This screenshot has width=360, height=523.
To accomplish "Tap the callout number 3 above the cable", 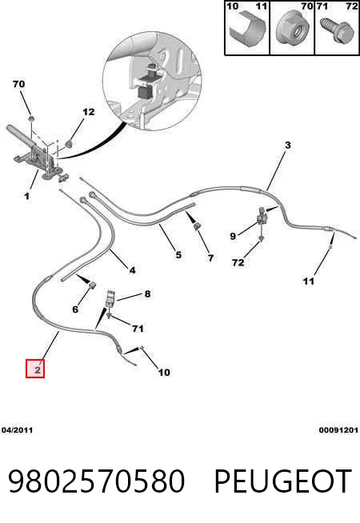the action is click(x=287, y=145).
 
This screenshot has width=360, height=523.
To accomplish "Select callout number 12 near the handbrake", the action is click(x=89, y=112).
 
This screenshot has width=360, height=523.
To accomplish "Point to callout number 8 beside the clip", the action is click(x=147, y=293).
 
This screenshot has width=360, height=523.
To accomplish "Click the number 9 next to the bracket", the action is click(x=233, y=236).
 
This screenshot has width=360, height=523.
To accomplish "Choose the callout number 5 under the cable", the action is click(x=178, y=255).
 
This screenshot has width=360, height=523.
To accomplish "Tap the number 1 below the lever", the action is click(x=26, y=196).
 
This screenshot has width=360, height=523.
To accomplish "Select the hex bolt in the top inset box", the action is click(x=336, y=30).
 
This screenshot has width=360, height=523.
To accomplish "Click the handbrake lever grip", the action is click(x=22, y=136).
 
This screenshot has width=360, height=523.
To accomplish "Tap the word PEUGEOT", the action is click(x=282, y=481).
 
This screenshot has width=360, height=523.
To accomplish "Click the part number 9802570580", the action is click(x=96, y=481).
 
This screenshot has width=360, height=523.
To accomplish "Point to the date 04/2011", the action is click(x=17, y=430).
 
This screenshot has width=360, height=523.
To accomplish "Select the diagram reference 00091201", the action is click(x=338, y=430).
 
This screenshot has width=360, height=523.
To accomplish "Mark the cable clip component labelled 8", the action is click(x=110, y=299).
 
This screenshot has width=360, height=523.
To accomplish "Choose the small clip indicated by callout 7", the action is click(x=197, y=226).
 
